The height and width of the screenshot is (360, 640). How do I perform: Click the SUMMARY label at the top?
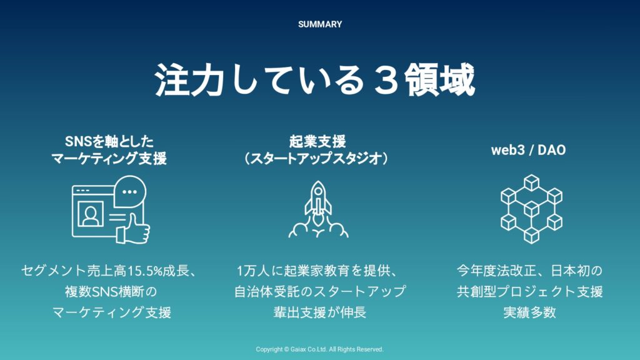click(x=320, y=24)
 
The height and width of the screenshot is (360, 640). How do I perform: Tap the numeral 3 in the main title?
click(x=385, y=79)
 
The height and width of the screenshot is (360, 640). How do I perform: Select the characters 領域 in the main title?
click(x=439, y=79)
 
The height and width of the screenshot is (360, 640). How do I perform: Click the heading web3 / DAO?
click(x=528, y=150)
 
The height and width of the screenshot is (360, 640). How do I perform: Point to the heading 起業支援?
click(x=317, y=141)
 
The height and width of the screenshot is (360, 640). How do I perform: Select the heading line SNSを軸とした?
click(x=109, y=141)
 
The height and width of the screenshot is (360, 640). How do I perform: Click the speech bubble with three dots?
click(x=130, y=191)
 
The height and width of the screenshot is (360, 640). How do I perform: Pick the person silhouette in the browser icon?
click(x=90, y=215)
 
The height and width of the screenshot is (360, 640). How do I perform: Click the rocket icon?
click(x=318, y=209)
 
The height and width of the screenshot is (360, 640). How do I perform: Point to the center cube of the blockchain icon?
click(x=531, y=209)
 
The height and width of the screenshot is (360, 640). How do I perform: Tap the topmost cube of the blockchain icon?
click(x=531, y=182)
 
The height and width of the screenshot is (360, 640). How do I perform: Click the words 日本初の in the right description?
click(x=576, y=271)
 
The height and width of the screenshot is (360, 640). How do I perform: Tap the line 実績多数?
click(x=529, y=312)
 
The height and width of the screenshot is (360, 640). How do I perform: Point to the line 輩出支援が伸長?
click(x=320, y=312)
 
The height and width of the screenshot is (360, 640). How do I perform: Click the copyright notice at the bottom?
click(x=319, y=349)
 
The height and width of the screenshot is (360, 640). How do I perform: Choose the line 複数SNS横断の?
click(x=111, y=291)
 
